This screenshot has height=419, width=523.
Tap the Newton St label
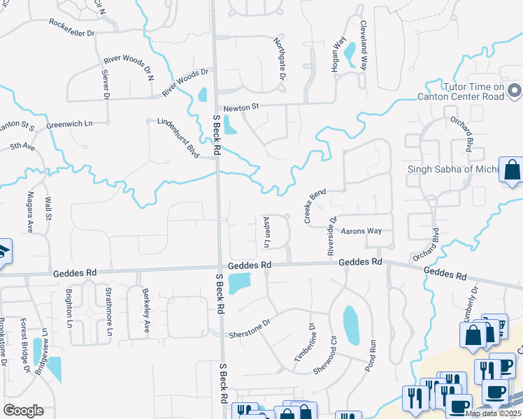tap(241, 108)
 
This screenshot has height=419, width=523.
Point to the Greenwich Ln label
tap(69, 124)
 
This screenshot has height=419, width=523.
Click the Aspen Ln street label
tap(266, 231)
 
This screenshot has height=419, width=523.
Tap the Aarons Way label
tap(361, 230)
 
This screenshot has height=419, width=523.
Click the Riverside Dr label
tap(332, 234)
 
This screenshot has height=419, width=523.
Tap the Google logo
tap(23, 411)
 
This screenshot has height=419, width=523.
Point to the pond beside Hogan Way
tap(350, 50)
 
